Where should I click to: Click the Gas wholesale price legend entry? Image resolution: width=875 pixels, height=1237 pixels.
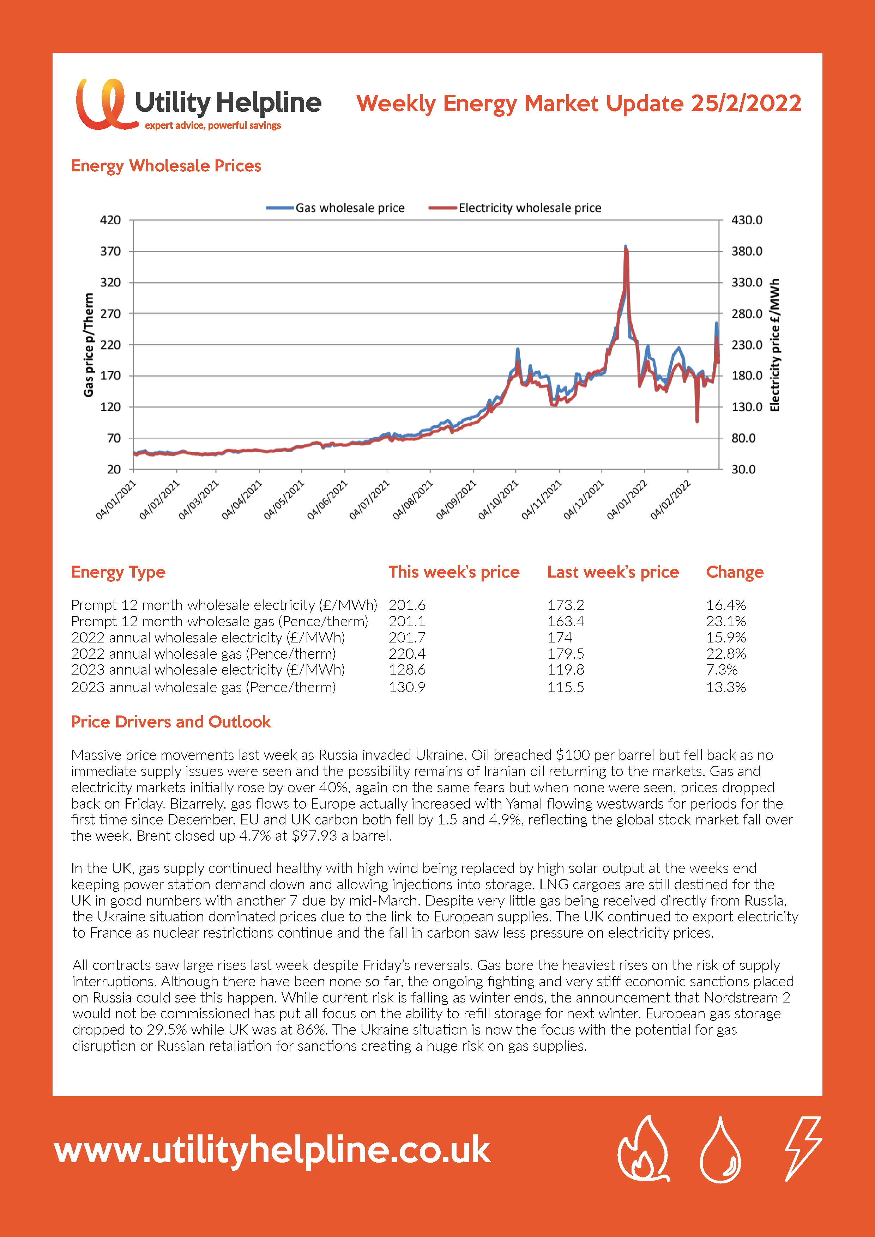click(x=335, y=208)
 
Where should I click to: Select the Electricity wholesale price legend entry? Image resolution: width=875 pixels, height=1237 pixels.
click(x=515, y=208)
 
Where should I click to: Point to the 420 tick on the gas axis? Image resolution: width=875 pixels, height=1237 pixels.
click(x=110, y=220)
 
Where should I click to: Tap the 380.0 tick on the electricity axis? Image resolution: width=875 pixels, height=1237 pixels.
click(x=747, y=251)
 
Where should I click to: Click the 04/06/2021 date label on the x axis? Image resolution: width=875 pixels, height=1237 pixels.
click(x=327, y=500)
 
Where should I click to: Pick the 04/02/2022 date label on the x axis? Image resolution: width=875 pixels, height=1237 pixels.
click(x=670, y=500)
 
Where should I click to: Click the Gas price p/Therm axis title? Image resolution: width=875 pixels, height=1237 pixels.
click(x=89, y=345)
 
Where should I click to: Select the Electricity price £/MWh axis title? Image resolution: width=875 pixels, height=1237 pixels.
click(x=775, y=345)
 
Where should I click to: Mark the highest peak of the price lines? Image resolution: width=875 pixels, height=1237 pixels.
click(x=626, y=247)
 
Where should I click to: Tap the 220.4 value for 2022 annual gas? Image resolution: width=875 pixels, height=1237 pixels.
click(x=407, y=653)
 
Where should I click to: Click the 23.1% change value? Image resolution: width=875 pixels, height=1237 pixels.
click(x=726, y=621)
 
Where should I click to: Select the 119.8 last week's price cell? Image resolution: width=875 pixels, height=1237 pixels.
click(x=566, y=670)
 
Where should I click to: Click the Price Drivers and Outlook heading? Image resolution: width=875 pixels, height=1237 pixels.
click(x=171, y=722)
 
